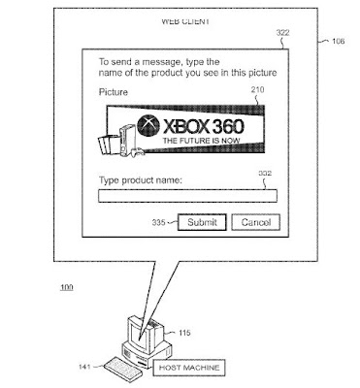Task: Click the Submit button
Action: (202, 222)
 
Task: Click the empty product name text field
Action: (187, 196)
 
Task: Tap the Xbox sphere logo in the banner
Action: (148, 125)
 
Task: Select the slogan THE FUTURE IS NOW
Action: (202, 141)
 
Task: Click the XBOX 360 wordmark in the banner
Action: (203, 126)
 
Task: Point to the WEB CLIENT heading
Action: (185, 21)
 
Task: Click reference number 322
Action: (282, 33)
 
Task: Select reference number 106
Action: (338, 41)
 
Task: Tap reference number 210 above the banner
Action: (257, 89)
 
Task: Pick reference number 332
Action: (265, 173)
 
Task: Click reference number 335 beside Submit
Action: (159, 222)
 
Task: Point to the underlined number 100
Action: (67, 287)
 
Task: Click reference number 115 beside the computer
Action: (184, 333)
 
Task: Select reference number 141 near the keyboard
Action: (84, 367)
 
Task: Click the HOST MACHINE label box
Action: (189, 368)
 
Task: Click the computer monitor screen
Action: (140, 336)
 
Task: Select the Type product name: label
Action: (141, 179)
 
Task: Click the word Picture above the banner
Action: (114, 92)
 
